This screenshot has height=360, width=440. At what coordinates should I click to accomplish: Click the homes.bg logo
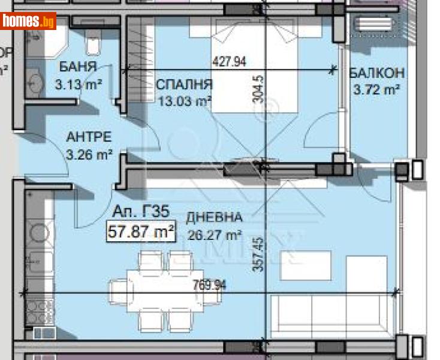(x=29, y=22)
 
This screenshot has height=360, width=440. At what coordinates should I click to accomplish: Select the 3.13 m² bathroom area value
(x=78, y=85)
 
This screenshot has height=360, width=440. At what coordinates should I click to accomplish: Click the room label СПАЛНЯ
(x=185, y=84)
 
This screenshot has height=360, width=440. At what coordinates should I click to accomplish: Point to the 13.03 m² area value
(x=185, y=101)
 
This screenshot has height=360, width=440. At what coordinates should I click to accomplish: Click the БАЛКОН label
(x=376, y=73)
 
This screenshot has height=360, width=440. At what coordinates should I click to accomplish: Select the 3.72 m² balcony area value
(x=375, y=90)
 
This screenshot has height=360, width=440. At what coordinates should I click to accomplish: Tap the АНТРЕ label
(x=89, y=137)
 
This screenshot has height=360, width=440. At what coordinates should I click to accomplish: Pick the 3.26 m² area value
(x=89, y=154)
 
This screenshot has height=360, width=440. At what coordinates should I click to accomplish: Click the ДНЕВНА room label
(x=214, y=217)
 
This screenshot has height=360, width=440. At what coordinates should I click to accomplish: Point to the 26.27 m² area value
(x=214, y=235)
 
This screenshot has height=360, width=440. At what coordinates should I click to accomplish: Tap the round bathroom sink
(x=36, y=82)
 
